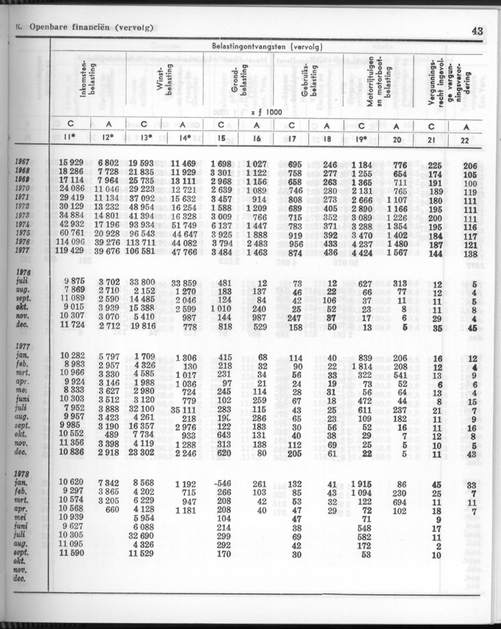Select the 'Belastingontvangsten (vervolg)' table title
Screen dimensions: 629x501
(266, 45)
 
